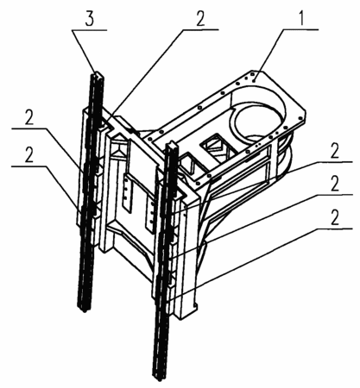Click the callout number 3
click(90, 19)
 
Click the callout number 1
click(301, 19)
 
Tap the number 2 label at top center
click(200, 19)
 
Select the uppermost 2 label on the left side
click(29, 117)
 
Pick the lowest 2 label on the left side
click(29, 155)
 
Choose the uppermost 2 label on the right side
click(335, 151)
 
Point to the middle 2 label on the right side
click(335, 184)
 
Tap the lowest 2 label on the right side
click(335, 217)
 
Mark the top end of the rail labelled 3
click(97, 73)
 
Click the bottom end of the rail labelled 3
click(85, 310)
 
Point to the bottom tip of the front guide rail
click(160, 379)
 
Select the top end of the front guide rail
click(173, 143)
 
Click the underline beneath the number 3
click(90, 30)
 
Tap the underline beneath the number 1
click(300, 29)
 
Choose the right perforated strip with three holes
click(149, 213)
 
